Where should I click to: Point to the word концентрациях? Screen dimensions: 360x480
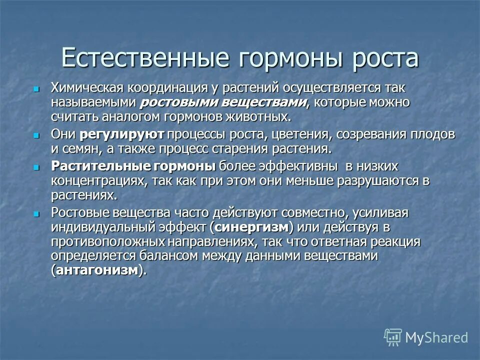coord(96,180)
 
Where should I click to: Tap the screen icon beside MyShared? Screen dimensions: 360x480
coord(393,337)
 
